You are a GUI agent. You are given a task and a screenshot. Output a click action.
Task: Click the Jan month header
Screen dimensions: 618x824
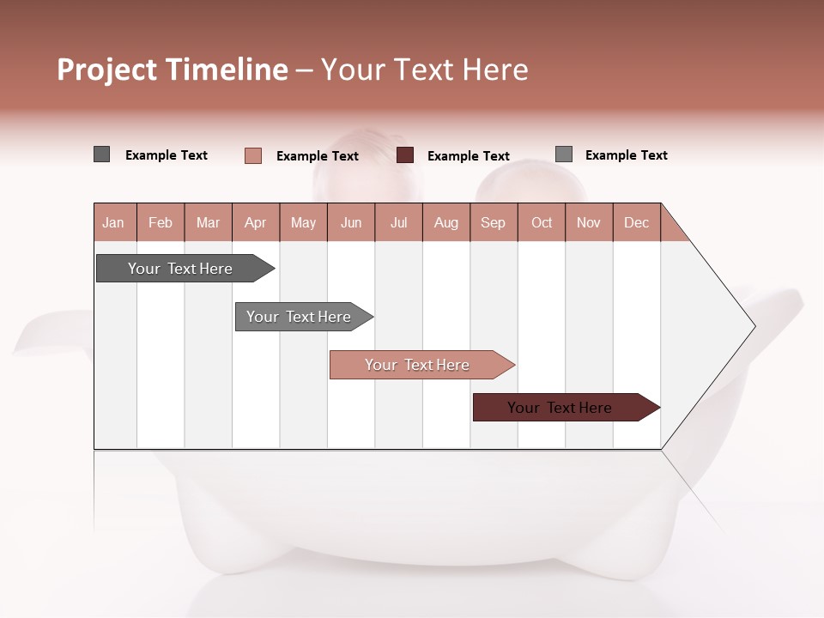(114, 222)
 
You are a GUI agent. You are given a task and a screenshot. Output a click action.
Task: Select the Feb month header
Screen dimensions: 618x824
(161, 222)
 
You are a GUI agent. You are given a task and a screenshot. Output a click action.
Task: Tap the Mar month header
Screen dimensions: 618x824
(208, 222)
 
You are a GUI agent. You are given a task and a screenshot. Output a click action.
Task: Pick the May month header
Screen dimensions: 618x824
(303, 222)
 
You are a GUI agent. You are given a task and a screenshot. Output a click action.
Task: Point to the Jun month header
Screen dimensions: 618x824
(351, 222)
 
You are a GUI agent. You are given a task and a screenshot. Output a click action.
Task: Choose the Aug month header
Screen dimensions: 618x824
(446, 222)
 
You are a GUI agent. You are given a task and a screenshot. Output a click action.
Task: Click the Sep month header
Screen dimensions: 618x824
(494, 222)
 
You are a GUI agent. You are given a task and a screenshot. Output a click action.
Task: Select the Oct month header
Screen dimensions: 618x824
(542, 222)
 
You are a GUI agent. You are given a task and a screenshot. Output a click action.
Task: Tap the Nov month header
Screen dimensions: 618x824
(589, 222)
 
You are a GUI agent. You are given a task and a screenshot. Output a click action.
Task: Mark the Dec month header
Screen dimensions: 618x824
(636, 222)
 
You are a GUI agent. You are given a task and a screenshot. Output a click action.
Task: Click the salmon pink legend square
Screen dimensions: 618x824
(253, 155)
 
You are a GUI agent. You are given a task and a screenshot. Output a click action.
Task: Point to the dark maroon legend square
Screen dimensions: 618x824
(405, 155)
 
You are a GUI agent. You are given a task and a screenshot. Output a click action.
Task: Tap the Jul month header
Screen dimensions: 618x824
(399, 222)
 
